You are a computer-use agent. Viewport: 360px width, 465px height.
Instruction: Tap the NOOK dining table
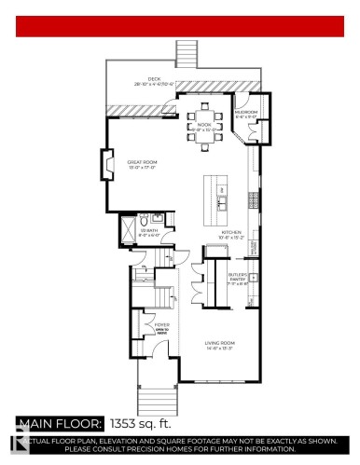[204, 130]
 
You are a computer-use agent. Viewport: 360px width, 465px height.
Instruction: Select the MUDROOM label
[246, 116]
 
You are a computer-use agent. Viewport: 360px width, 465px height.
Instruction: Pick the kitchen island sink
[223, 198]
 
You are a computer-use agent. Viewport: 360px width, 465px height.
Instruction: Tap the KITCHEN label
[231, 232]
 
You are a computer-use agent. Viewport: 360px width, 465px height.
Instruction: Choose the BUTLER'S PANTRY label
[239, 279]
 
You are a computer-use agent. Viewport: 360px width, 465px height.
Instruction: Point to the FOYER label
[148, 325]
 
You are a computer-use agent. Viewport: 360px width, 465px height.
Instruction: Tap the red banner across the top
[180, 25]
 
